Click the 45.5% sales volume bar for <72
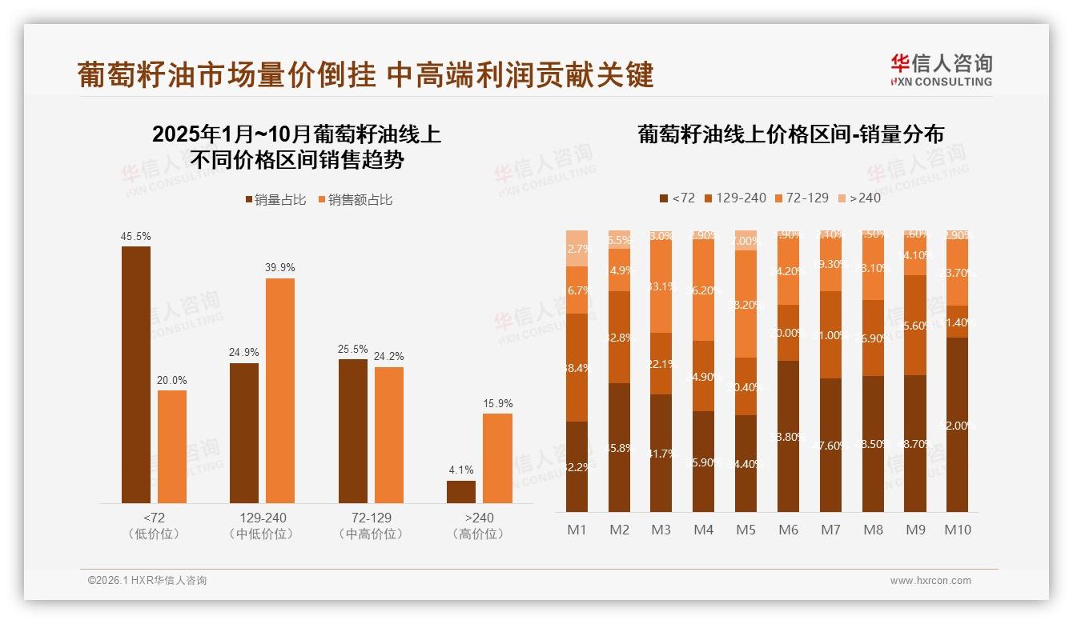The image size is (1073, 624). coord(136,374)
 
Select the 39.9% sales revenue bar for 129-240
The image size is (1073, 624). coord(280,390)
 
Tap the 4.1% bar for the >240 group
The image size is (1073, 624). coord(461,491)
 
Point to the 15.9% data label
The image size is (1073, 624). coord(498,404)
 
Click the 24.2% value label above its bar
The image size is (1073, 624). coord(389,357)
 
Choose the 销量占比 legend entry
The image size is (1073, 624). coord(276,199)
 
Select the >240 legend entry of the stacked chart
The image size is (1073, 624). coord(859,198)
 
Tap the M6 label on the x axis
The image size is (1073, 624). coord(789,530)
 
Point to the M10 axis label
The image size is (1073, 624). coord(957,530)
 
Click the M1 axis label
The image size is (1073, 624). coord(577,530)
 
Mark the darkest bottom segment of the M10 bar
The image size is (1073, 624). coord(957,424)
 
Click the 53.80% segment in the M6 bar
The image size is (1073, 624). coord(789,436)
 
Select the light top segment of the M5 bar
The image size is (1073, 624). coord(746,241)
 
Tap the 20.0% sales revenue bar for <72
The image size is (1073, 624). coord(172,446)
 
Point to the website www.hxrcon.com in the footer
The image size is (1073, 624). coord(930,581)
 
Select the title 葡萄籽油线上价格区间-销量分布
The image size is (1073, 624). coord(790,134)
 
